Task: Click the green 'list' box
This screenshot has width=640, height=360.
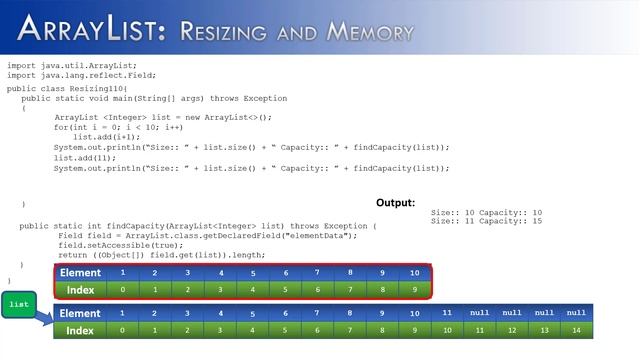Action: [18, 303]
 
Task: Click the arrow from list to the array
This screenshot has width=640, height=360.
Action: [42, 319]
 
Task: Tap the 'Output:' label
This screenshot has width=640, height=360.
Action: [395, 202]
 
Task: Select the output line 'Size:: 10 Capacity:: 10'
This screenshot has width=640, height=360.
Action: [486, 212]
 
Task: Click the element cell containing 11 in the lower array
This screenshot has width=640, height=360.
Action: [447, 313]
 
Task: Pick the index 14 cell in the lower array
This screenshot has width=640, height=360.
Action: [576, 330]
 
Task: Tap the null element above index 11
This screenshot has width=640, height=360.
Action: [479, 313]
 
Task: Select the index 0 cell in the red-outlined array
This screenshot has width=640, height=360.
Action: [122, 290]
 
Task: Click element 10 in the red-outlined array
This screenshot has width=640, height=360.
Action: [414, 273]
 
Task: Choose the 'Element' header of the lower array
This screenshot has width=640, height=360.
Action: [80, 313]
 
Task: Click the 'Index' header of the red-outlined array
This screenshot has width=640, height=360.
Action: [80, 290]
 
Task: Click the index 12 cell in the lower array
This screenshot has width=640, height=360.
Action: [511, 330]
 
